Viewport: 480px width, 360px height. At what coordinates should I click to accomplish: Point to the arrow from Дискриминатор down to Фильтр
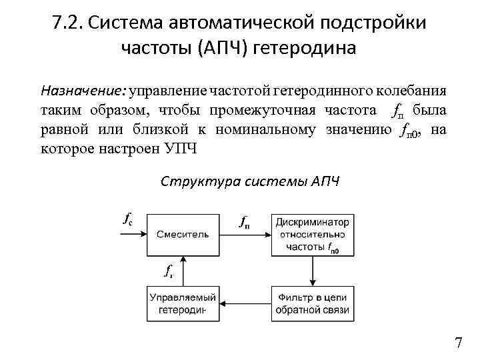pyautogui.click(x=312, y=270)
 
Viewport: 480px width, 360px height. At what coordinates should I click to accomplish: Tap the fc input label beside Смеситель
pyautogui.click(x=127, y=218)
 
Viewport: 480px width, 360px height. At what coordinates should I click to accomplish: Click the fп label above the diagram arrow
pyautogui.click(x=245, y=222)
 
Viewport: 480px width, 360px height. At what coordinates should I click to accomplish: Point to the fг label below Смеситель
pyautogui.click(x=169, y=271)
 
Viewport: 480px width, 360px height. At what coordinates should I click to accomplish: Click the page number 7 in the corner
pyautogui.click(x=458, y=343)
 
